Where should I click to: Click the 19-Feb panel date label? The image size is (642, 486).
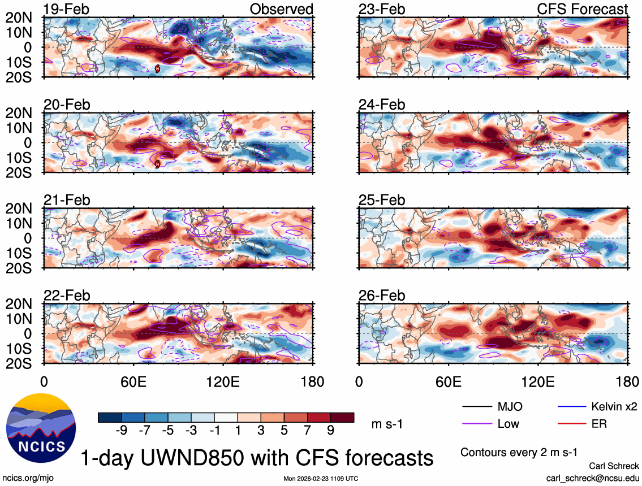67,9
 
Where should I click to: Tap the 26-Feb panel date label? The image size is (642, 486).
382,296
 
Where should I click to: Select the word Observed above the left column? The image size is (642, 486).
281,9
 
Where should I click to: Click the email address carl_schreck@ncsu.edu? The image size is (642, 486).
592,478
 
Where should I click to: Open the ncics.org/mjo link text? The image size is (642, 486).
27,478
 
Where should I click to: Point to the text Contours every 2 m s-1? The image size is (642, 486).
519,452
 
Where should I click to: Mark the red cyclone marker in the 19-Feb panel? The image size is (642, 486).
157,68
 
